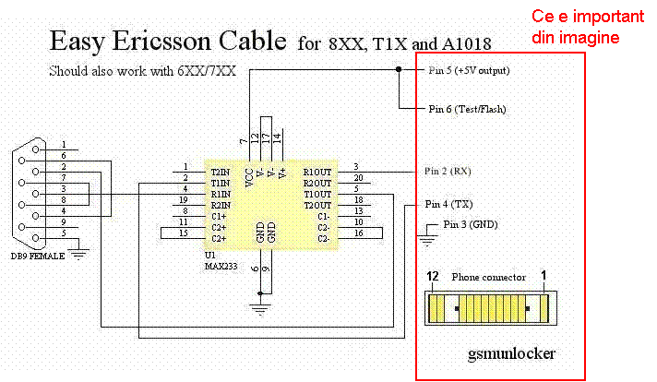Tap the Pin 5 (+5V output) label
pyautogui.click(x=469, y=70)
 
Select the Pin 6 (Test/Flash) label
pyautogui.click(x=467, y=109)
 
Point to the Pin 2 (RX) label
pyautogui.click(x=448, y=171)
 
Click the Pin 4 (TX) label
pyautogui.click(x=448, y=204)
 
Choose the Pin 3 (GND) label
pyautogui.click(x=471, y=224)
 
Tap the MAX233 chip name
pyautogui.click(x=221, y=266)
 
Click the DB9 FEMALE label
pyautogui.click(x=38, y=256)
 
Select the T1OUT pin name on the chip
pyautogui.click(x=317, y=195)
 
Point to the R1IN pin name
pyautogui.click(x=221, y=195)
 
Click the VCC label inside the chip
pyautogui.click(x=249, y=177)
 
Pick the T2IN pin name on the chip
pyautogui.click(x=221, y=173)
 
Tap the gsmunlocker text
pyautogui.click(x=511, y=354)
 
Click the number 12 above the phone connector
pyautogui.click(x=433, y=277)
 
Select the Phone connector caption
pyautogui.click(x=488, y=278)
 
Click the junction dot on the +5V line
pyautogui.click(x=399, y=69)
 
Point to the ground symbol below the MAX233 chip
pyautogui.click(x=260, y=309)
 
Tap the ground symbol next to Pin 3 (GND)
pyautogui.click(x=427, y=240)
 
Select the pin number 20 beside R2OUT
pyautogui.click(x=358, y=177)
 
